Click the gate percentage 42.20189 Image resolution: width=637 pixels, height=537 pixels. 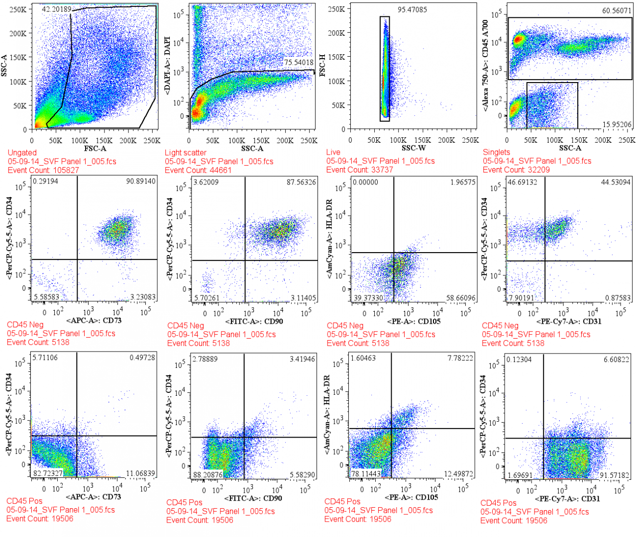(56, 9)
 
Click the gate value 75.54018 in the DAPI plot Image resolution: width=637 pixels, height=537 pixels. (299, 63)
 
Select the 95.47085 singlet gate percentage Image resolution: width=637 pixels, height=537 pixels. (412, 9)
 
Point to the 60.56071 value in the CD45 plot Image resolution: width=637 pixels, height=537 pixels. (617, 10)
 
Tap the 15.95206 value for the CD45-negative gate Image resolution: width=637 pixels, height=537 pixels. (617, 125)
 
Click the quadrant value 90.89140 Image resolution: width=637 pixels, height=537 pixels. (141, 181)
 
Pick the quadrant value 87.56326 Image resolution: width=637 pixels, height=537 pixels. (301, 182)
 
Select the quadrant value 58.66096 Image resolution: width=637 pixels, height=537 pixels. (461, 298)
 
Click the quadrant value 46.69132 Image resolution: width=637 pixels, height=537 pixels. (522, 182)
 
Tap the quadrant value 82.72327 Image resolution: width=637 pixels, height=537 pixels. (48, 473)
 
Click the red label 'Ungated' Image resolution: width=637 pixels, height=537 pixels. (22, 153)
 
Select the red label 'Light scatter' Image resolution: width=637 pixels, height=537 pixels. (185, 153)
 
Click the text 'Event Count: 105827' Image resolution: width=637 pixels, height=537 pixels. (43, 170)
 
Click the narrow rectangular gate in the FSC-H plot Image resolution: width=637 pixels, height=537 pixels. (385, 69)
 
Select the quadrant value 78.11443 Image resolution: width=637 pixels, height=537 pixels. (366, 474)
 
